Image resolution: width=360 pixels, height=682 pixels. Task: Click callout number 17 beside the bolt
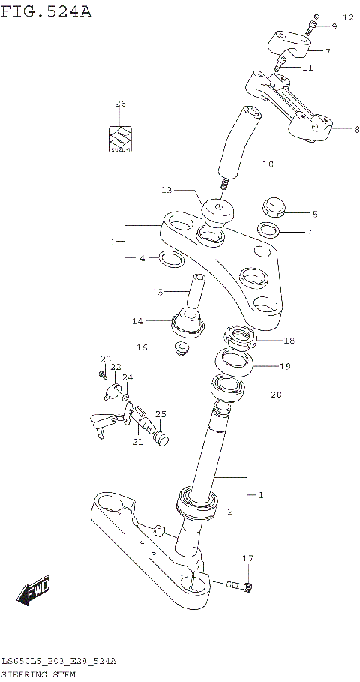(x=248, y=559)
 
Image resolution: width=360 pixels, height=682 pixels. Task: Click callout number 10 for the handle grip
(x=268, y=163)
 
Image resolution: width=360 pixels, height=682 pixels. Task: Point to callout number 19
(x=285, y=367)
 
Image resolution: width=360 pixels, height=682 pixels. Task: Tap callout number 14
(x=136, y=321)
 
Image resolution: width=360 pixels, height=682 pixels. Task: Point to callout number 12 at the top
(x=347, y=17)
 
